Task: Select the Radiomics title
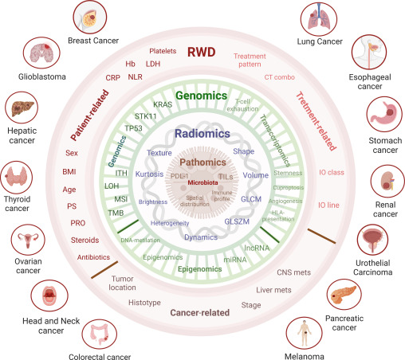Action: coord(202,134)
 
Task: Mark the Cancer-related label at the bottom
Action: coord(203,312)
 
